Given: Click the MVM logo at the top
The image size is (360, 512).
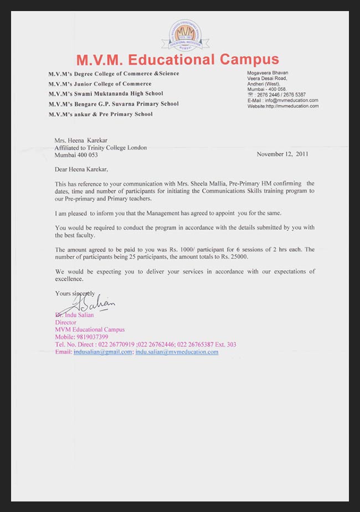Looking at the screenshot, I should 181,35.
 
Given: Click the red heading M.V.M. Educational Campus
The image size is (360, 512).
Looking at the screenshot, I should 177,59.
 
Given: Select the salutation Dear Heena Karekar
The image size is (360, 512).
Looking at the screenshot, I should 82,169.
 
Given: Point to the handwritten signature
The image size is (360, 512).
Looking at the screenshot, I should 89,303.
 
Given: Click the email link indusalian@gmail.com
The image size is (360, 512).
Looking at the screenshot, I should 103,351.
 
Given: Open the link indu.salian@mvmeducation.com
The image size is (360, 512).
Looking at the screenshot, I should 177,351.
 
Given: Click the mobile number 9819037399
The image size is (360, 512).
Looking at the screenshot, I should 94,337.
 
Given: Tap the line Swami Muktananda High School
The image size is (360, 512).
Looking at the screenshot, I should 114,94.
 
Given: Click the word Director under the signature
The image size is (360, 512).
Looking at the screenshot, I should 65,322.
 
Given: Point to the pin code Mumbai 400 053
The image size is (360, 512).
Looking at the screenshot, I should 76,155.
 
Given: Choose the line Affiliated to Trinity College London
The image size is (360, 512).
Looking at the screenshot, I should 100,148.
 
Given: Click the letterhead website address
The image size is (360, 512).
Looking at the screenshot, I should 283,106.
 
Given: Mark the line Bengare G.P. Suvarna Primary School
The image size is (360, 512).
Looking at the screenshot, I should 114,104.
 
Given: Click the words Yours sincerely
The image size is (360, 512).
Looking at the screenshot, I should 75,293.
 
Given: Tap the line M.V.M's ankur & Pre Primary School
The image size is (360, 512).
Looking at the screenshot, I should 100,114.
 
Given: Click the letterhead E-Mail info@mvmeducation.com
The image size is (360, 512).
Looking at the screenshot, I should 282,100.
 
